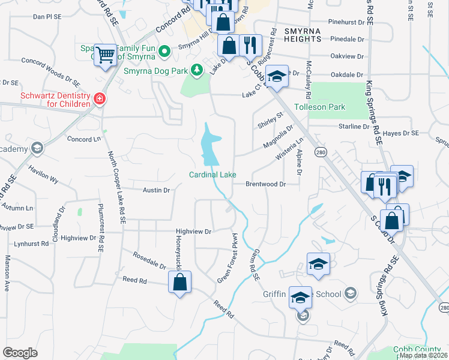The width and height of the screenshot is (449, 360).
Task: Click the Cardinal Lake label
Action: [x=212, y=175]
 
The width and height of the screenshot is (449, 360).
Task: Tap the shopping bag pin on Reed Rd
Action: [x=179, y=281]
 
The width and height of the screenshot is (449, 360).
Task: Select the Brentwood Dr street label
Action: [x=265, y=184]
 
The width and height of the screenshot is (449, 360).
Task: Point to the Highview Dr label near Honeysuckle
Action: [x=194, y=231]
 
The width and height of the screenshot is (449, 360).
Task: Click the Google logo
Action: [x=20, y=353]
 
